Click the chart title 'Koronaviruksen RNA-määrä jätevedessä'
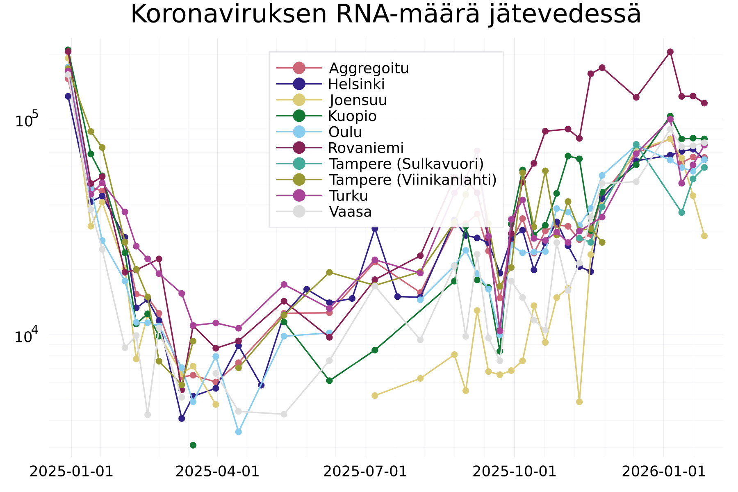[385, 14]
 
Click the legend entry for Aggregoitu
[369, 68]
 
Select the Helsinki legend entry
[356, 84]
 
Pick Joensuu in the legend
[358, 100]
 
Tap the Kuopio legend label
[352, 116]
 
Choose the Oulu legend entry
[345, 132]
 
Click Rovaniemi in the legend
[366, 148]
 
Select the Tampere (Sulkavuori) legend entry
[406, 164]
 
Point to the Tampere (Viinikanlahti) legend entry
[412, 180]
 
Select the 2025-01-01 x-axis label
[71, 471]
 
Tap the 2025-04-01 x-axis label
[217, 471]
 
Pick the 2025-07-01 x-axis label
[365, 471]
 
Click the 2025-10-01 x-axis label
[514, 471]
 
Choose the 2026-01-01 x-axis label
[663, 471]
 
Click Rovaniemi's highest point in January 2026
[670, 52]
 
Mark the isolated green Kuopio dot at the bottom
[193, 445]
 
